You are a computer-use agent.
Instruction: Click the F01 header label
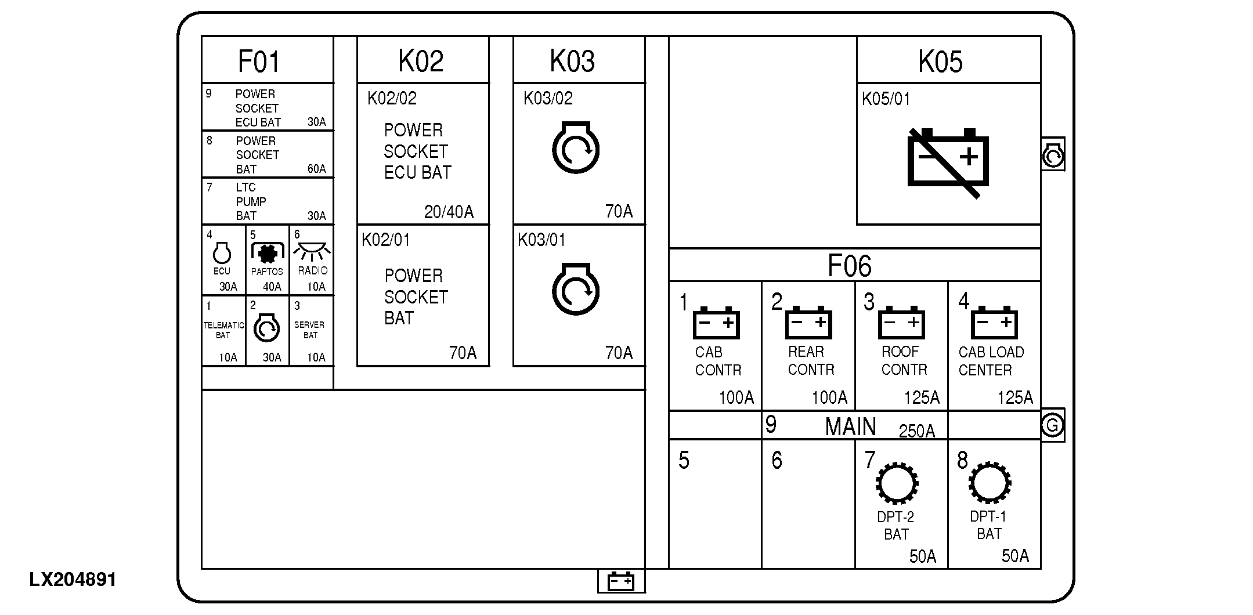[259, 62]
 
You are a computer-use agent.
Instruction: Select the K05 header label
[940, 62]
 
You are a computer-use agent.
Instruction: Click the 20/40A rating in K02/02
[449, 212]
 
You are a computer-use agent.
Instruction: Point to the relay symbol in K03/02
[575, 148]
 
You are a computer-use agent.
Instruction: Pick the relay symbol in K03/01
[575, 290]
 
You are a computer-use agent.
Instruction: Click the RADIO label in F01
[312, 271]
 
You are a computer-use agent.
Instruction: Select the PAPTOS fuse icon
[267, 254]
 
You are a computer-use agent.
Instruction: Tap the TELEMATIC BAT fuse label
[223, 330]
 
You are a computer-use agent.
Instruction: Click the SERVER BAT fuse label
[309, 330]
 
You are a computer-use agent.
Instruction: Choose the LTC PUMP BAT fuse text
[251, 201]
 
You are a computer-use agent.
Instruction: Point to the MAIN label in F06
[850, 427]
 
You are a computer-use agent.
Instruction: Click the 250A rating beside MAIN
[916, 431]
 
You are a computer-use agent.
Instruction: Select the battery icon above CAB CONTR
[716, 323]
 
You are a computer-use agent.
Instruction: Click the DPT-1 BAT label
[988, 525]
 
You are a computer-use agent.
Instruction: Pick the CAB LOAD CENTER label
[991, 361]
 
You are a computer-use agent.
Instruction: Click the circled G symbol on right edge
[1052, 426]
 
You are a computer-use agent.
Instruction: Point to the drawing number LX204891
[73, 580]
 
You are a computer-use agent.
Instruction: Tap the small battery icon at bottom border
[620, 581]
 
